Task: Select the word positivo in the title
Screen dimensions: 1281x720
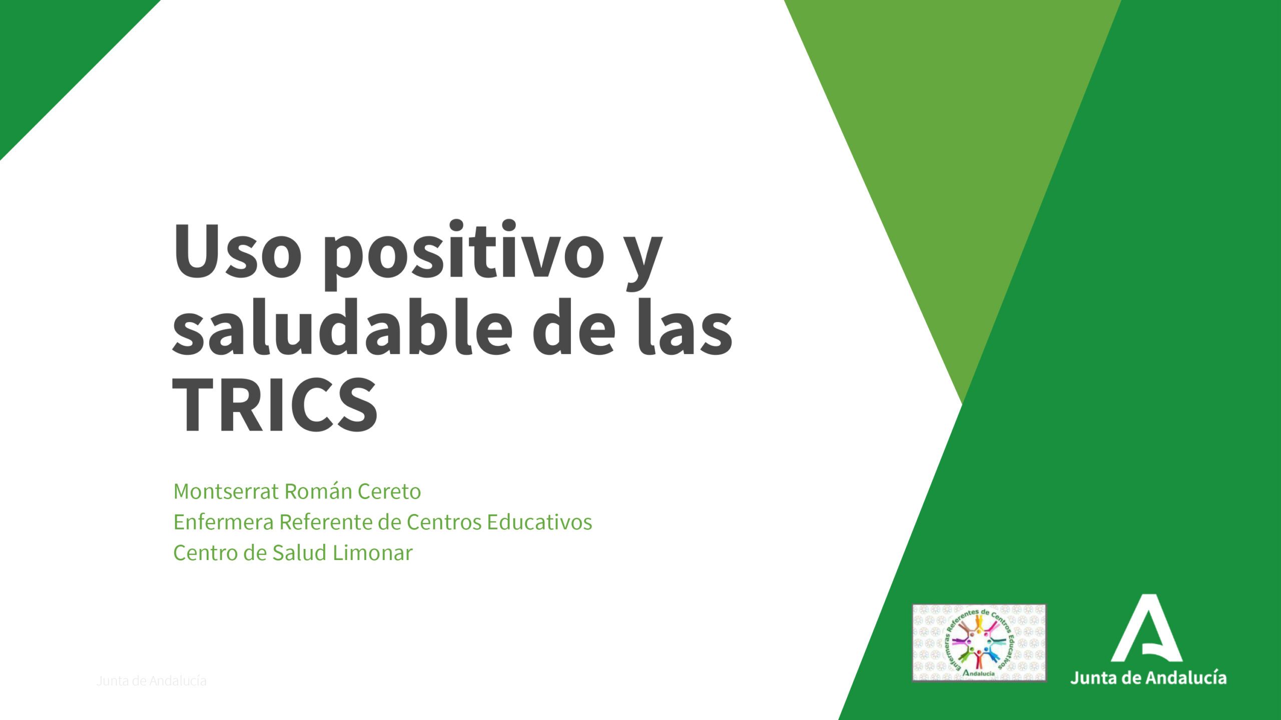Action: (x=463, y=254)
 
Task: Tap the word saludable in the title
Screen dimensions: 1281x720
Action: (x=342, y=327)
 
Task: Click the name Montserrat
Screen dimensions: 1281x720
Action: (x=226, y=491)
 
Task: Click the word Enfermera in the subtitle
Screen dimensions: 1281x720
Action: (x=223, y=522)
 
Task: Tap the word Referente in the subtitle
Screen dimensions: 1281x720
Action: (x=325, y=522)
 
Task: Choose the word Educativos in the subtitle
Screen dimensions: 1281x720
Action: (x=539, y=522)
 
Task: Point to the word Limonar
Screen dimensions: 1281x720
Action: (x=373, y=553)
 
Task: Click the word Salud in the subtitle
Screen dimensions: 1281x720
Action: (x=300, y=553)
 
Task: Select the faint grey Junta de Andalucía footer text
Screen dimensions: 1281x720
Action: (x=152, y=680)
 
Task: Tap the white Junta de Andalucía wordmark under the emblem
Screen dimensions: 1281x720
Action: (x=1148, y=677)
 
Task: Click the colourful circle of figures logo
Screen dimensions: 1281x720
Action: (x=979, y=642)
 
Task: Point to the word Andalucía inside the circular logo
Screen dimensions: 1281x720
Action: (x=979, y=673)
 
